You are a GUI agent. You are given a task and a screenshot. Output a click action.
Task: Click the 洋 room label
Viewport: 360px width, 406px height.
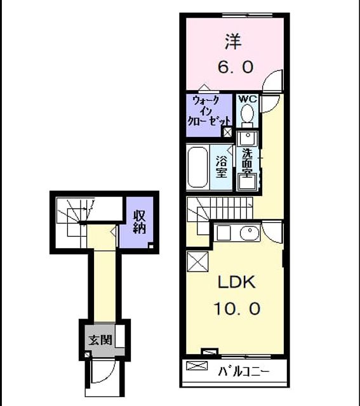pos(234,42)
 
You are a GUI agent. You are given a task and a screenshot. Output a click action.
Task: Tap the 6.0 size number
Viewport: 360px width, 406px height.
pos(235,67)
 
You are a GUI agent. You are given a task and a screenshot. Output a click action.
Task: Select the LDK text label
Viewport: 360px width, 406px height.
pos(237,282)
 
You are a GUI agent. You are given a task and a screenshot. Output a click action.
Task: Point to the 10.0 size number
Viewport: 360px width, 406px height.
pos(237,308)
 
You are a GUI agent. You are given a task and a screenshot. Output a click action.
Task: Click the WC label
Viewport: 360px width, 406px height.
pos(248,99)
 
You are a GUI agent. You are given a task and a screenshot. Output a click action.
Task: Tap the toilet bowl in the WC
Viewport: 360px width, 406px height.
pos(247,113)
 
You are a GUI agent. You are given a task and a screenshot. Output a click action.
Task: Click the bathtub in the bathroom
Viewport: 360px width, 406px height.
pos(197,167)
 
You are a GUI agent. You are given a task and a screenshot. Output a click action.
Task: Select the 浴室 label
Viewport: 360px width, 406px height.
pos(222,167)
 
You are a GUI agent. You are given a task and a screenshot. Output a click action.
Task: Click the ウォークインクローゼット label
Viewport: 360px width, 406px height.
pos(209,111)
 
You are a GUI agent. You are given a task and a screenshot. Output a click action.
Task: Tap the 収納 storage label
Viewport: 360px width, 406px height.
pos(139,222)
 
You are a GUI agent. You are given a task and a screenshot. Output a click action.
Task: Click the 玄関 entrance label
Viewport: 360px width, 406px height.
pos(100,340)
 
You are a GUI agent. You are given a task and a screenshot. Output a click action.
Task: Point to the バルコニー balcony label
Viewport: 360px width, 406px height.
pos(244,372)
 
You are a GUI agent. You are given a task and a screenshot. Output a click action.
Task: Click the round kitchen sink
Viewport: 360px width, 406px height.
pos(250,233)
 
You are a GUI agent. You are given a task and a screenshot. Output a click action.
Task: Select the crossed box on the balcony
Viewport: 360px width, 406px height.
pos(197,365)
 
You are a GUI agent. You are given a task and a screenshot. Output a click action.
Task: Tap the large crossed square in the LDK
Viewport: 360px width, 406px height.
pos(197,261)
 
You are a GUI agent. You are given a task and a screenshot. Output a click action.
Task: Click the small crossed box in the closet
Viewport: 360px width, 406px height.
pos(227,133)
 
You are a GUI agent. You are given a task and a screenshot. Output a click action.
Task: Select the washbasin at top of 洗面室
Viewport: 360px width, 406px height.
pos(248,138)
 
